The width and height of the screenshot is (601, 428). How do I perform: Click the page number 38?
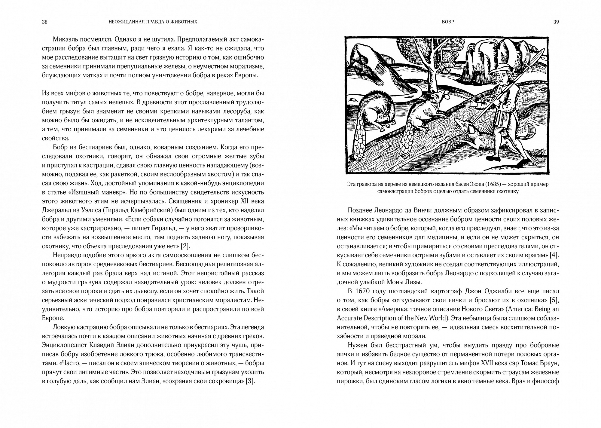click(45, 22)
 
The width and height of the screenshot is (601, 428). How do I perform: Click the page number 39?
click(556, 22)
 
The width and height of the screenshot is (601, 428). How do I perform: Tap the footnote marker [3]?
click(250, 381)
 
